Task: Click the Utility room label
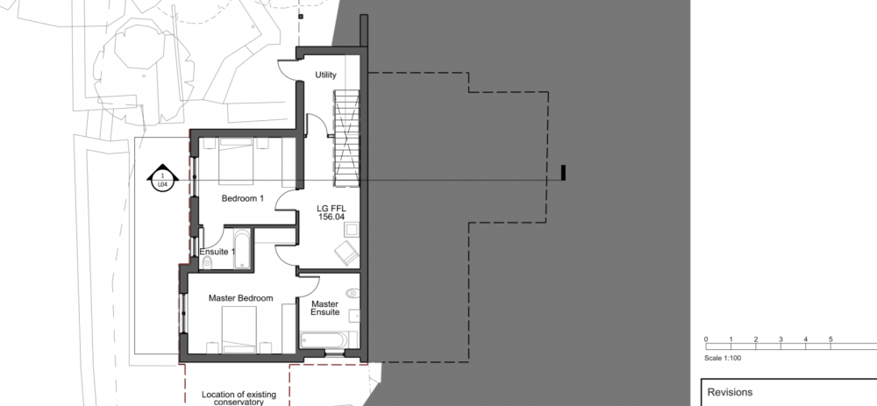coord(325,75)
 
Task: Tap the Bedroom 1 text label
coord(242,198)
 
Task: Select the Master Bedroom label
coord(241,298)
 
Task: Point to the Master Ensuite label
coord(325,308)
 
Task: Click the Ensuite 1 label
coord(217,252)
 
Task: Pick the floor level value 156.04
coord(332,217)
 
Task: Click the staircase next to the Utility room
coord(346,139)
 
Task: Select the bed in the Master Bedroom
coord(240,330)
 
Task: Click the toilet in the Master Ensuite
coord(353,293)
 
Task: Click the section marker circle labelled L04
coord(162,179)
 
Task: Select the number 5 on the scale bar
coord(831,339)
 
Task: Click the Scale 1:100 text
coord(723,358)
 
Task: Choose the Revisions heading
coord(730,392)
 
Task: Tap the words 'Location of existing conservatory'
coord(239,398)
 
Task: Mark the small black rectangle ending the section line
coord(563,173)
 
